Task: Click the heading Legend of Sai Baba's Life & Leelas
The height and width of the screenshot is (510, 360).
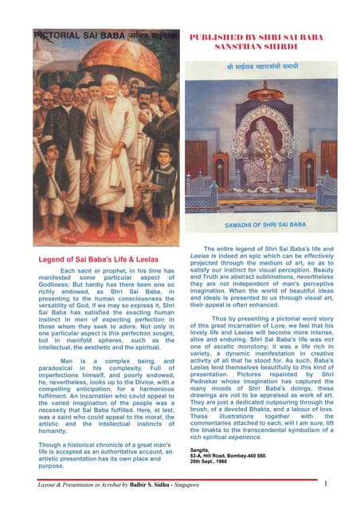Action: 98,260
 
